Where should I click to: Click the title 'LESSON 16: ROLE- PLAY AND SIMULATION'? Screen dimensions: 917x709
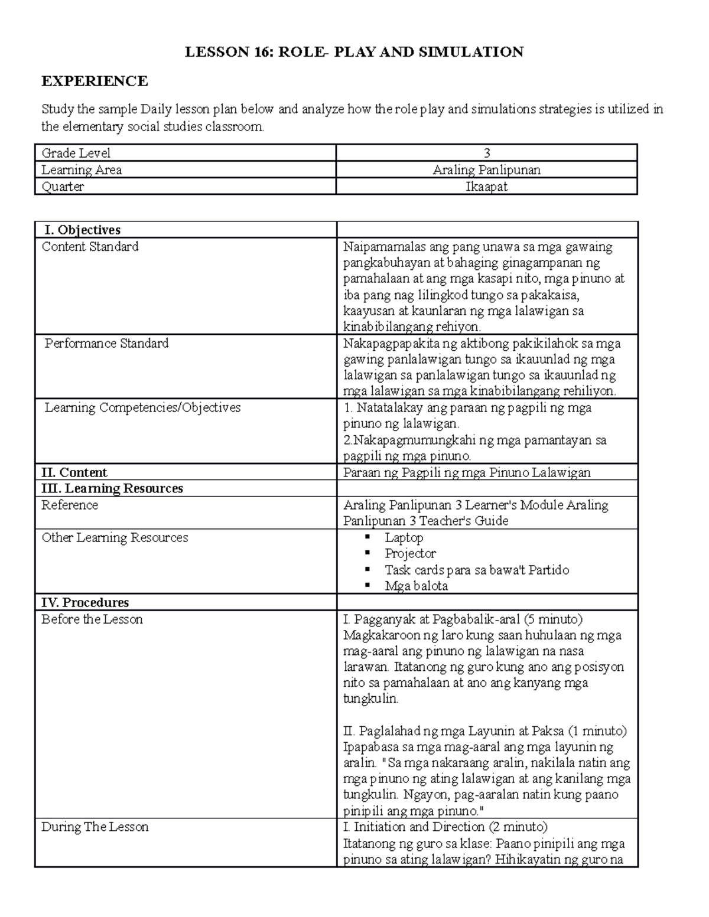(x=354, y=52)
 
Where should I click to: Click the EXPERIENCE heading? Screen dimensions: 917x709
(x=95, y=81)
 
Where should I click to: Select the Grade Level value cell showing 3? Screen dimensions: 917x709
(x=487, y=153)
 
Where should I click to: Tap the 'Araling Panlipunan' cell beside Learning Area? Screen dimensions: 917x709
(x=486, y=170)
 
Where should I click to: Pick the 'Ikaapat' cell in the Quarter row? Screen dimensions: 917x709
(x=486, y=187)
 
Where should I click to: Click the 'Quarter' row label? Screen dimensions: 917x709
(x=63, y=187)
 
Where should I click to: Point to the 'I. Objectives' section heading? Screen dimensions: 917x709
(x=82, y=230)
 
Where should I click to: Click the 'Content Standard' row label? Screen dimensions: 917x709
(x=90, y=246)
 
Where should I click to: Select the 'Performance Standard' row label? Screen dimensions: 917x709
(x=106, y=343)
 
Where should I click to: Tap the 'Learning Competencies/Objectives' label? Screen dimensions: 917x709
(x=142, y=407)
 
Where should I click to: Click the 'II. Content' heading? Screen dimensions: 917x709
(x=74, y=472)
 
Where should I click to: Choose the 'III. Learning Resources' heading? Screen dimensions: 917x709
(x=112, y=488)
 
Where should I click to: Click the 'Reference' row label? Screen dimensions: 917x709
(x=70, y=505)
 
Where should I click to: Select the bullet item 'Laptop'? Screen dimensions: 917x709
(x=404, y=537)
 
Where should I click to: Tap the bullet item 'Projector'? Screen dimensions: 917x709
(x=410, y=553)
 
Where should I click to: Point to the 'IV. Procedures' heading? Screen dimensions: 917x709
(x=84, y=602)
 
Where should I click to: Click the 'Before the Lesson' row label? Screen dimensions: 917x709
(x=92, y=619)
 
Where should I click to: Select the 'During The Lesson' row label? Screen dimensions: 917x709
(x=95, y=827)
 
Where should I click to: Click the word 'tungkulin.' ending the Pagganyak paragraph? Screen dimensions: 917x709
(x=371, y=699)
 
